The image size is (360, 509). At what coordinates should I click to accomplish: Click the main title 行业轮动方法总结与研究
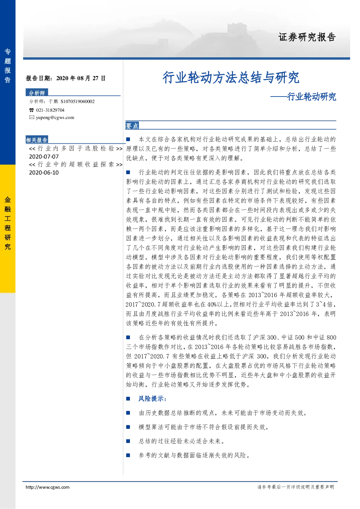pos(231,78)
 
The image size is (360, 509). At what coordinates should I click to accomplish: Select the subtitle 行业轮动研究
pos(311,97)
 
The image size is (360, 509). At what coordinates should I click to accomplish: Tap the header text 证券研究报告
pos(307,37)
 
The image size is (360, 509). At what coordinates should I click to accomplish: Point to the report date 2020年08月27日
pos(81,78)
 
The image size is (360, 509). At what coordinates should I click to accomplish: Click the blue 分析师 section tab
pos(37,93)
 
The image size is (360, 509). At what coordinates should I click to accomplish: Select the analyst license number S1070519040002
pos(78,101)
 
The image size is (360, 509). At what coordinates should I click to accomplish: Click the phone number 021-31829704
pos(50,110)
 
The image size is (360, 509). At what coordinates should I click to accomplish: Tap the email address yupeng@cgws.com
pos(55,118)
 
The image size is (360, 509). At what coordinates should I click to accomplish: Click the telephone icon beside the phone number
pos(31,110)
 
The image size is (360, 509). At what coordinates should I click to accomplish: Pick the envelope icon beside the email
pos(32,117)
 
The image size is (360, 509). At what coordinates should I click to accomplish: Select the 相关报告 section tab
pos(37,140)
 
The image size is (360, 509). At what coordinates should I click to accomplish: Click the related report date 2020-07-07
pos(44,157)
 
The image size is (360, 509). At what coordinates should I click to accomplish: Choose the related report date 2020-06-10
pos(44,172)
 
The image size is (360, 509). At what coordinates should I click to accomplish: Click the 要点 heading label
pos(132,126)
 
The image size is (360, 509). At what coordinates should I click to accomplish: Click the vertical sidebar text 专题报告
pos(8,66)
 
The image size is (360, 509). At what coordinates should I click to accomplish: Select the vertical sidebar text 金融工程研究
pos(8,223)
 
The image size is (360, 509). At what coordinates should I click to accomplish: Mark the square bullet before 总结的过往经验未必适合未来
pos(128,441)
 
